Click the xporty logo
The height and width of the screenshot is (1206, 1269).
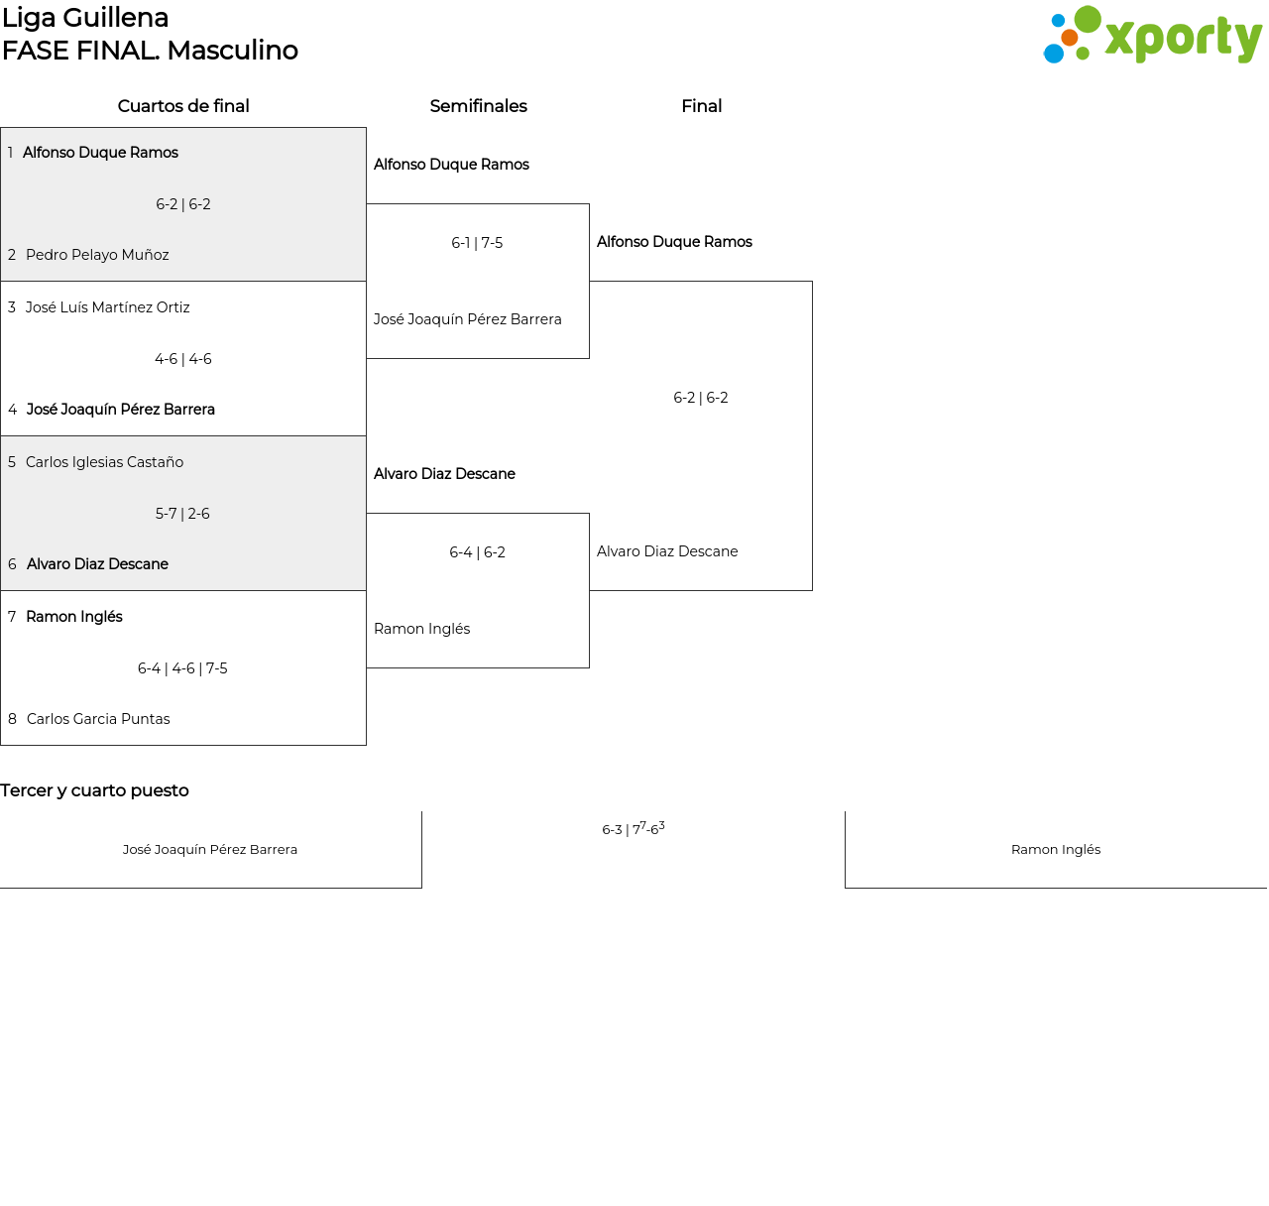[x=1152, y=36]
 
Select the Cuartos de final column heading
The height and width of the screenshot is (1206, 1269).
[x=183, y=106]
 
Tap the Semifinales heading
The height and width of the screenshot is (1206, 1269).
[x=478, y=106]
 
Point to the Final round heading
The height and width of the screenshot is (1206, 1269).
[x=701, y=106]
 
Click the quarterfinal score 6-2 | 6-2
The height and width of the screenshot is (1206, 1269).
[x=183, y=204]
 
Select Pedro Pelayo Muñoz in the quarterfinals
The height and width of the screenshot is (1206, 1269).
[x=97, y=255]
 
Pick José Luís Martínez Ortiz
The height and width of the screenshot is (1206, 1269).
[x=107, y=307]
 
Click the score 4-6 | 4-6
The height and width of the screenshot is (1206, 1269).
[x=183, y=359]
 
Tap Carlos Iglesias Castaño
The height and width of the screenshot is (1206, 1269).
[x=104, y=462]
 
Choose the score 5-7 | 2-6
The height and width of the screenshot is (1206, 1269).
[x=182, y=514]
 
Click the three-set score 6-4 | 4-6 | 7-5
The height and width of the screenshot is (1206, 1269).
[x=182, y=668]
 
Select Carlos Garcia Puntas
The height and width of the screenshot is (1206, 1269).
[x=98, y=719]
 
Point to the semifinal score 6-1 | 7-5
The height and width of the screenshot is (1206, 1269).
[x=477, y=243]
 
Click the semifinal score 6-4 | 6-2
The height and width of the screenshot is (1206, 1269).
[x=477, y=552]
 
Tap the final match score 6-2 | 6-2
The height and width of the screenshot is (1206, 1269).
[x=701, y=398]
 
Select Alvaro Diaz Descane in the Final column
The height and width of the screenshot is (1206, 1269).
[x=667, y=551]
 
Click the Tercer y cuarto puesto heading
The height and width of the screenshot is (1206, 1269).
[x=94, y=790]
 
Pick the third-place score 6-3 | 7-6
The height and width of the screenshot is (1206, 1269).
[x=633, y=829]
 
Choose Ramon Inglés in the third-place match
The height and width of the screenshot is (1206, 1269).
[x=1056, y=849]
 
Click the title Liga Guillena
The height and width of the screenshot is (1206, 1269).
[x=85, y=18]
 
